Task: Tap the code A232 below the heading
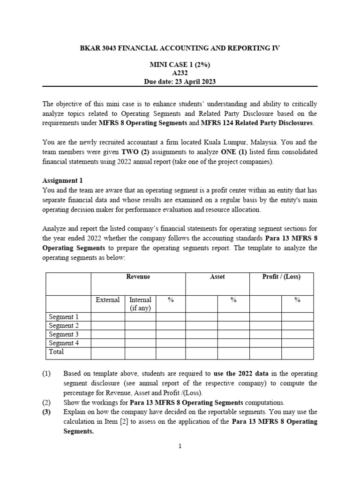180,73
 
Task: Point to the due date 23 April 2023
192,82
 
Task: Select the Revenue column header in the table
138,277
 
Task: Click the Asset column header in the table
217,277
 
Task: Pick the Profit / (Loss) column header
281,277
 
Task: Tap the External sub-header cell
108,300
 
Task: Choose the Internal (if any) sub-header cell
140,304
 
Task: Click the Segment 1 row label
64,317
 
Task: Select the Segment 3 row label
64,334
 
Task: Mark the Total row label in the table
57,351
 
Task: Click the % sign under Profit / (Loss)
297,300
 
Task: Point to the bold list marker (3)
47,412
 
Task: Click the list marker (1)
46,374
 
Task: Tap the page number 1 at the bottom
180,446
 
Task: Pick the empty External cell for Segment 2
108,325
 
